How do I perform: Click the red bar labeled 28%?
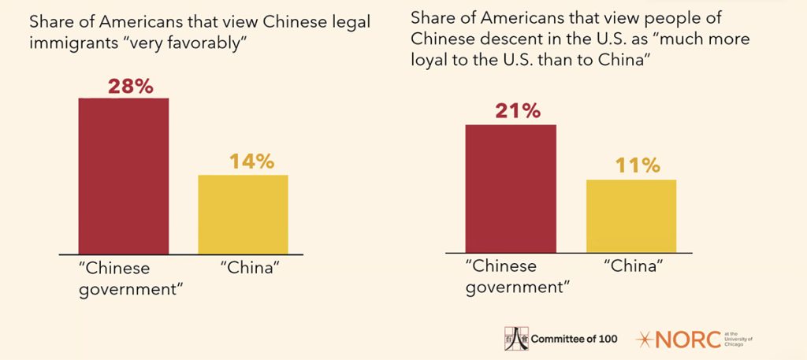tap(124, 175)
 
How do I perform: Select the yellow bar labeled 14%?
tap(243, 213)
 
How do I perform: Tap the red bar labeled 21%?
tap(511, 188)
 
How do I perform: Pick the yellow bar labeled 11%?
tap(630, 216)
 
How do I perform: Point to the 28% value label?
tap(124, 86)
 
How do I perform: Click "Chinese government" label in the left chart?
tap(125, 277)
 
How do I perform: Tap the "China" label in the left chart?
tap(244, 268)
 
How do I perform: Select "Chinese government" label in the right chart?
tap(511, 276)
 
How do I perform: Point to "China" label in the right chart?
tap(630, 266)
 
